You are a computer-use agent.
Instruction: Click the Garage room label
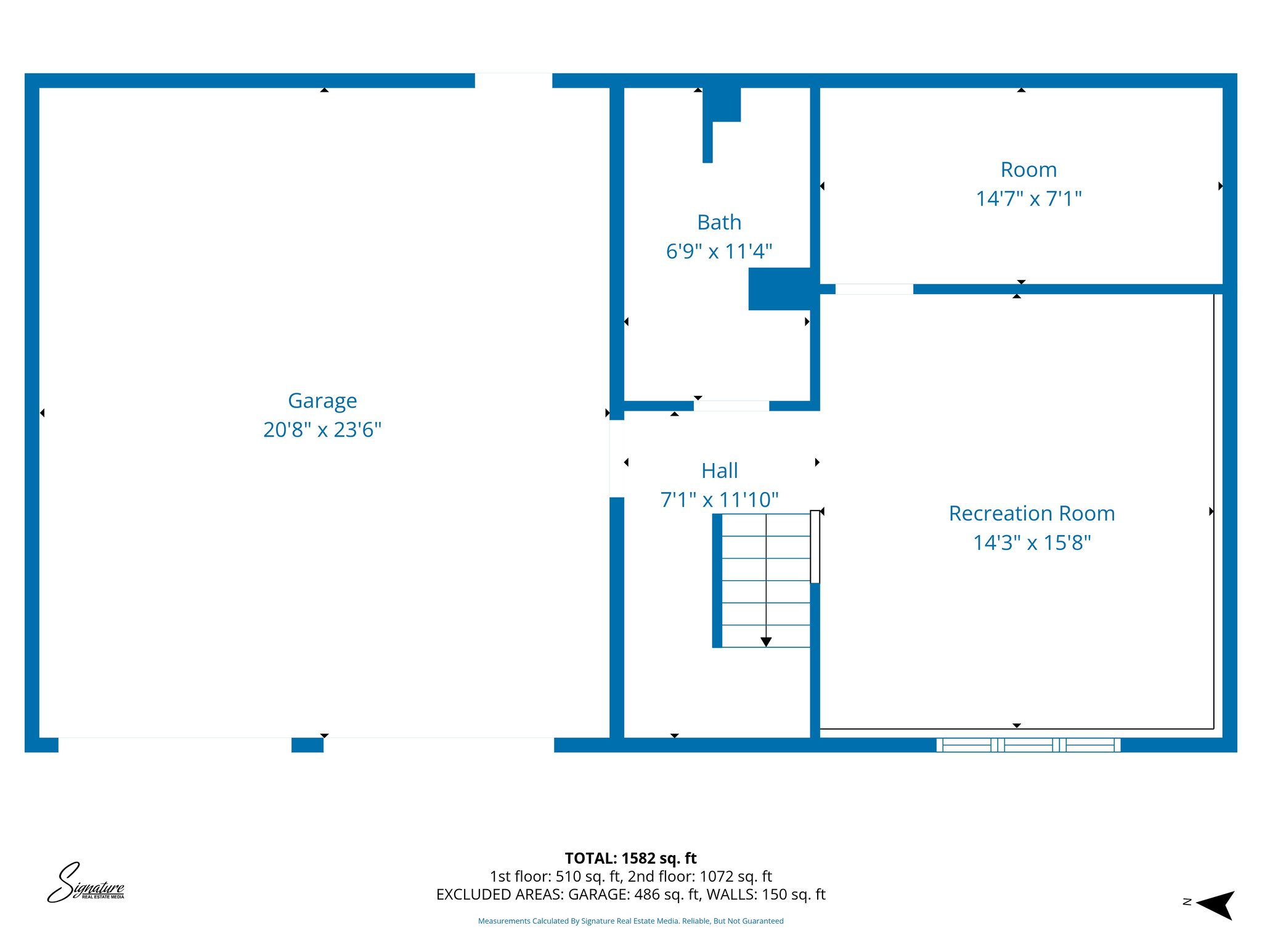pyautogui.click(x=322, y=401)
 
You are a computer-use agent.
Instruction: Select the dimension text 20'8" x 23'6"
pyautogui.click(x=322, y=430)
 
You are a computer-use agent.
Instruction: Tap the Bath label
pyautogui.click(x=719, y=223)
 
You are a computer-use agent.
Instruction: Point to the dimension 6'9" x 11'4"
pyautogui.click(x=719, y=252)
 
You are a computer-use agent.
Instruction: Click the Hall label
pyautogui.click(x=719, y=471)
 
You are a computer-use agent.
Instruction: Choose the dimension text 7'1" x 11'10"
pyautogui.click(x=719, y=500)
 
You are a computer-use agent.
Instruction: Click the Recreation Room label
pyautogui.click(x=1032, y=514)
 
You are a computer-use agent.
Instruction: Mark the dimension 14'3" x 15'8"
pyautogui.click(x=1032, y=543)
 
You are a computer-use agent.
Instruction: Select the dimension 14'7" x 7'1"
pyautogui.click(x=1028, y=199)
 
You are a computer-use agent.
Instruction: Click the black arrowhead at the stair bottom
pyautogui.click(x=766, y=642)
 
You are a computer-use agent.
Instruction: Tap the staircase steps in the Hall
pyautogui.click(x=766, y=580)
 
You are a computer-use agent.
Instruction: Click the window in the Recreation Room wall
pyautogui.click(x=1028, y=745)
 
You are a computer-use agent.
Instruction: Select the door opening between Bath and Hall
pyautogui.click(x=731, y=406)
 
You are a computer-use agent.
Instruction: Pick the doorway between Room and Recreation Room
pyautogui.click(x=874, y=289)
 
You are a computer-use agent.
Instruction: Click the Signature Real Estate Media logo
pyautogui.click(x=86, y=883)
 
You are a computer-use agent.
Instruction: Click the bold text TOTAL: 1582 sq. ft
pyautogui.click(x=630, y=858)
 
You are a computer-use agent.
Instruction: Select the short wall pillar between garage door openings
pyautogui.click(x=307, y=745)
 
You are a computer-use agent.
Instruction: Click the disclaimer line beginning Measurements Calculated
pyautogui.click(x=630, y=921)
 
